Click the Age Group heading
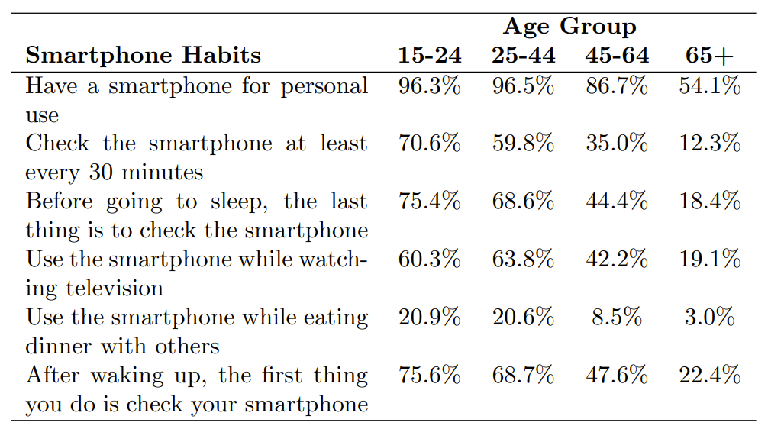[x=569, y=27]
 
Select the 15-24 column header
[x=429, y=56]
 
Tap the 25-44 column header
[x=523, y=56]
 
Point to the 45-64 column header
[x=617, y=56]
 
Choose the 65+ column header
[x=709, y=56]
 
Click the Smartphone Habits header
[x=143, y=56]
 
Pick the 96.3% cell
[x=429, y=85]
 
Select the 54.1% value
[x=709, y=85]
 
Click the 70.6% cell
[x=429, y=144]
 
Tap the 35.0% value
[x=617, y=144]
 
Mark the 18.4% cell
[x=709, y=202]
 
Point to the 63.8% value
[x=523, y=260]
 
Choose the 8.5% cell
[x=617, y=318]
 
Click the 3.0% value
[x=709, y=318]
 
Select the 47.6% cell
[x=617, y=376]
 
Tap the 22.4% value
[x=709, y=376]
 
